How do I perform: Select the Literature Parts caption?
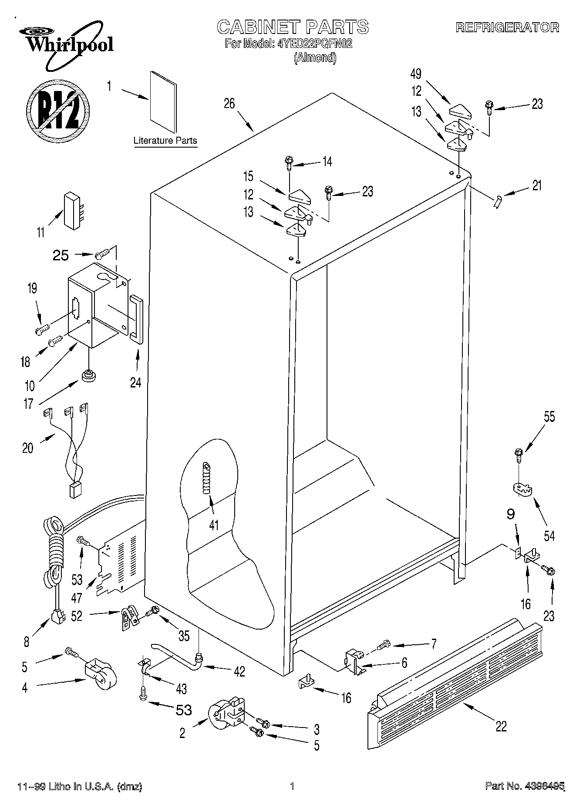coord(165,141)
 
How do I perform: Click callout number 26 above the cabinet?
coord(229,103)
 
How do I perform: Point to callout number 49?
coord(416,74)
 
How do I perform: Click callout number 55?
coord(549,417)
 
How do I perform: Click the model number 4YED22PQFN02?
coord(314,44)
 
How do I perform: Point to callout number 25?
coord(61,256)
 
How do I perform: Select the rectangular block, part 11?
coord(72,210)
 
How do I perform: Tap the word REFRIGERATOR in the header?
coord(507,27)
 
